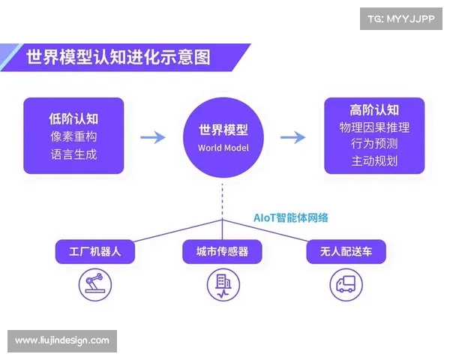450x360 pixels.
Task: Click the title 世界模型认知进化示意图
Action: tap(118, 57)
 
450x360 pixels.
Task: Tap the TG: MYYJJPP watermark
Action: tap(401, 18)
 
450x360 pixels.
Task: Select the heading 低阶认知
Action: tap(73, 118)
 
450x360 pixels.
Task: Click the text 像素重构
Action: tap(73, 136)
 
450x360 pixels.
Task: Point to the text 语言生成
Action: tap(73, 155)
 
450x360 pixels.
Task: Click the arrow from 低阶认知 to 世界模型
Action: tap(153, 137)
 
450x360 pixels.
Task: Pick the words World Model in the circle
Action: tap(223, 148)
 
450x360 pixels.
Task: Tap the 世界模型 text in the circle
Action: tap(223, 130)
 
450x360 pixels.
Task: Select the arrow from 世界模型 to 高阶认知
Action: tap(292, 137)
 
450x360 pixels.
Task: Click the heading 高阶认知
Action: tap(374, 109)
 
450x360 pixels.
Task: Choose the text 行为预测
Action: tap(374, 144)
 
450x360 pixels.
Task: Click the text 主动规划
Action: tap(374, 161)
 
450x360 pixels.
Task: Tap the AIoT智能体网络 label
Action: tap(290, 217)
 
